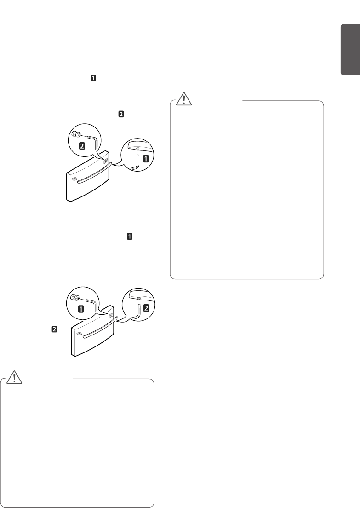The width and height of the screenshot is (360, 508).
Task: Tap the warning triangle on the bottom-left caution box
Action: (16, 377)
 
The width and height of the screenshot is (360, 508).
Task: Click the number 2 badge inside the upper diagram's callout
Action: (82, 146)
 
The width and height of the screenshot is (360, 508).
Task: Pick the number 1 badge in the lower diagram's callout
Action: (81, 309)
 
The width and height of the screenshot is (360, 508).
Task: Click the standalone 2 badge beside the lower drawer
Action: (54, 329)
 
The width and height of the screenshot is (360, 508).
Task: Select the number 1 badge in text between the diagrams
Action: (130, 237)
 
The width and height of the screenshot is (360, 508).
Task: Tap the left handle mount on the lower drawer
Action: (79, 335)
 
